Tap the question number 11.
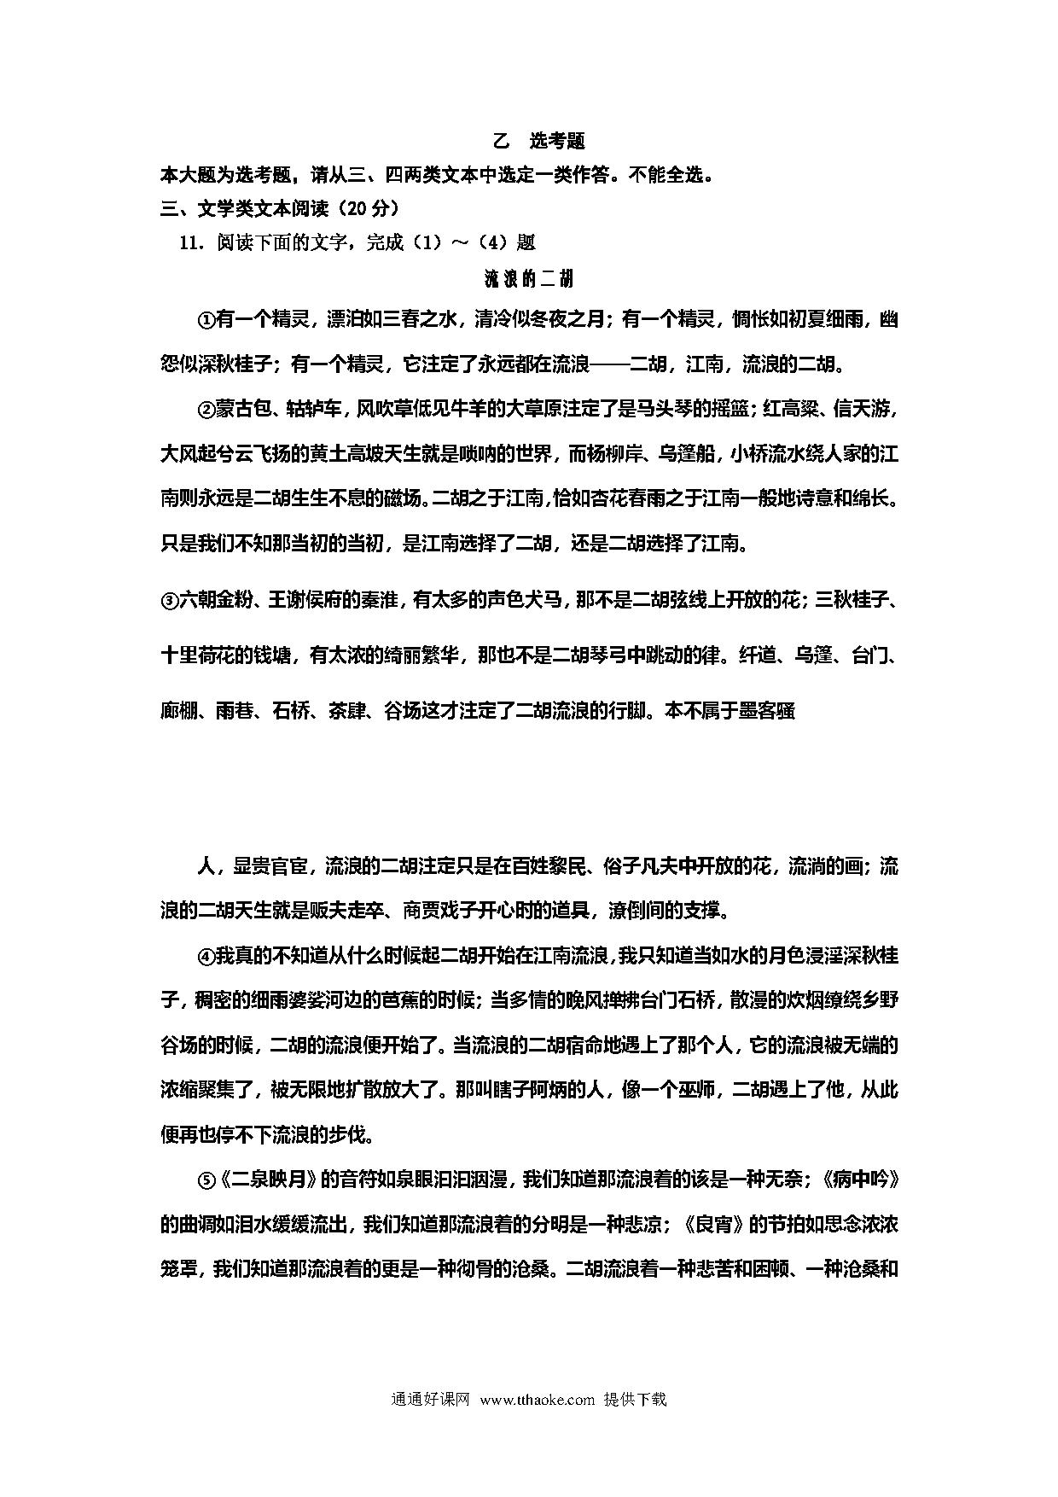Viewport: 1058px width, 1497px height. click(x=190, y=242)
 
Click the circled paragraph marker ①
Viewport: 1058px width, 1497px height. click(x=206, y=320)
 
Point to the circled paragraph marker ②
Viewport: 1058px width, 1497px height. click(x=206, y=410)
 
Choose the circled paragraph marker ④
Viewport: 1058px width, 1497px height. click(x=206, y=956)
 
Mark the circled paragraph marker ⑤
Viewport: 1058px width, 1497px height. click(x=206, y=1180)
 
